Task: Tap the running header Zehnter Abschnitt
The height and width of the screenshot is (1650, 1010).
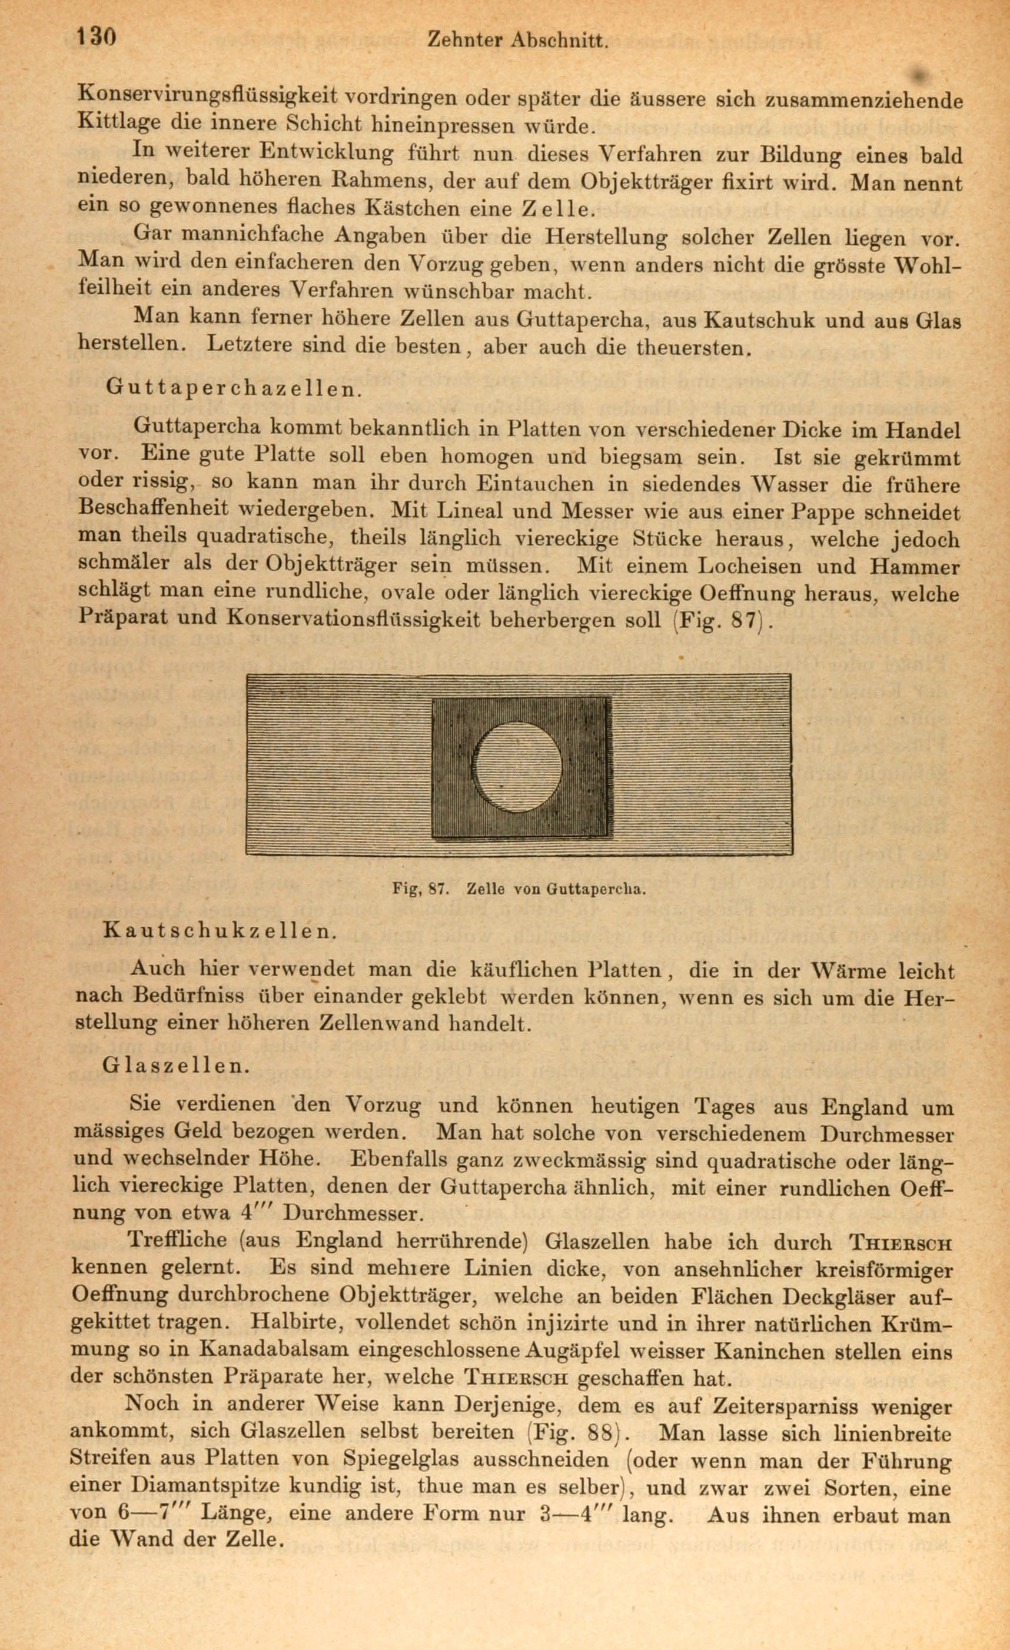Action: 518,41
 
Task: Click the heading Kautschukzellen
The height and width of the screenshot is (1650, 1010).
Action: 220,931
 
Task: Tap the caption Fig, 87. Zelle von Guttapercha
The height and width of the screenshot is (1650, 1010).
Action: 519,890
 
